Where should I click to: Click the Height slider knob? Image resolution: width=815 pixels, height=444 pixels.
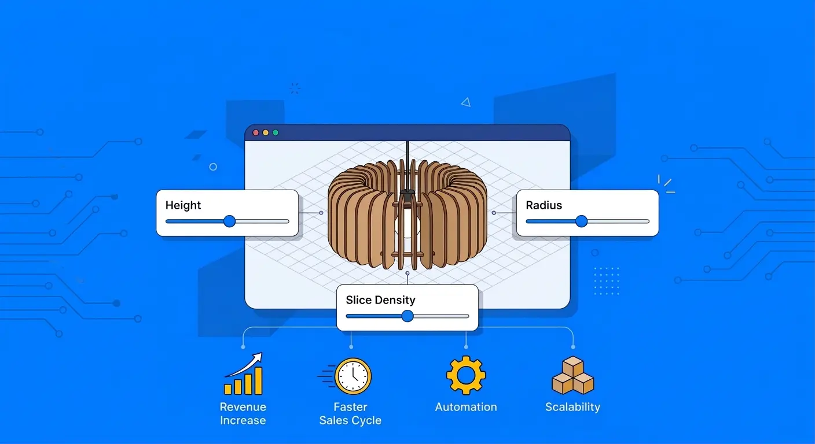click(230, 221)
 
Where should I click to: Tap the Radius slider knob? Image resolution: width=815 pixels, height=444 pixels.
click(582, 221)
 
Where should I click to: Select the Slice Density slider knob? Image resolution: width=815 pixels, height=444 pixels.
click(407, 316)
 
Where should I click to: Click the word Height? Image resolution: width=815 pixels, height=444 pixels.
click(183, 205)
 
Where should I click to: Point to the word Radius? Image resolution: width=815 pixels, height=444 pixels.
click(544, 205)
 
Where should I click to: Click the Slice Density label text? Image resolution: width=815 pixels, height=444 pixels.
click(380, 300)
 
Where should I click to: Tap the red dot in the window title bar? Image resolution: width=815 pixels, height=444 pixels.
click(256, 133)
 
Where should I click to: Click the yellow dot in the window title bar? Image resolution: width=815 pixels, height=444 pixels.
click(266, 133)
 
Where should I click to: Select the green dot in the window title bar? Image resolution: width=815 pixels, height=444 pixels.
click(276, 133)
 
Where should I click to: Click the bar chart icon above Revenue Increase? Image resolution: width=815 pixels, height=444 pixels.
click(243, 375)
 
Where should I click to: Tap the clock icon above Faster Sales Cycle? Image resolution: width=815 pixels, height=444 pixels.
click(353, 376)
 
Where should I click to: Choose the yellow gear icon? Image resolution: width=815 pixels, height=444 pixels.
click(466, 375)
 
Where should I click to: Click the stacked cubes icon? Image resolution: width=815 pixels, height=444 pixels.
click(572, 376)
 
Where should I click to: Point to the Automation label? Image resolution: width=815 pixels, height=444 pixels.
click(466, 407)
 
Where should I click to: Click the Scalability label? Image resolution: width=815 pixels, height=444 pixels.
click(572, 407)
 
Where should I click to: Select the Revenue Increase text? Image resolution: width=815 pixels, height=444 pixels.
click(243, 413)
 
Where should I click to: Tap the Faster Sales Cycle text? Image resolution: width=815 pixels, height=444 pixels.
click(350, 413)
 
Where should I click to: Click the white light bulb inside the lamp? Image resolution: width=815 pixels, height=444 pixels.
click(408, 225)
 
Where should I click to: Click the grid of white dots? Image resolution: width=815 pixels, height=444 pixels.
click(606, 280)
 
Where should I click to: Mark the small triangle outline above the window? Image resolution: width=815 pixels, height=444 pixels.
click(465, 102)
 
